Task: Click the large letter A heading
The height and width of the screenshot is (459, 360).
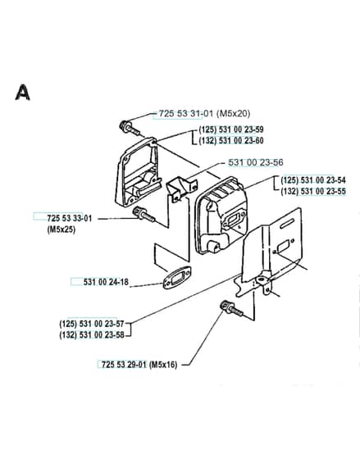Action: pyautogui.click(x=23, y=92)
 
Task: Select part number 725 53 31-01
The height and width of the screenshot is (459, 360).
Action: pyautogui.click(x=186, y=113)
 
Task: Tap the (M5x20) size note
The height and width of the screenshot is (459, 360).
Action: pyautogui.click(x=233, y=113)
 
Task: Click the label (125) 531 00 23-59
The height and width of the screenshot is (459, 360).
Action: pyautogui.click(x=231, y=130)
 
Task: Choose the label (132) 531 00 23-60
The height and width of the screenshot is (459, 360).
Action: pyautogui.click(x=231, y=140)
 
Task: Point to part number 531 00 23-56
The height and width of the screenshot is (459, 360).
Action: pyautogui.click(x=256, y=162)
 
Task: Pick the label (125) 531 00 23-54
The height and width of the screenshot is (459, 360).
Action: pyautogui.click(x=313, y=180)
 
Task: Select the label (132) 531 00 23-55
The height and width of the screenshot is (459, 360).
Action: pyautogui.click(x=313, y=191)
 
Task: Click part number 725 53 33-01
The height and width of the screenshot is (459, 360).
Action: pyautogui.click(x=70, y=218)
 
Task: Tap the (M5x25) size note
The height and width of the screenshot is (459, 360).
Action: pyautogui.click(x=62, y=229)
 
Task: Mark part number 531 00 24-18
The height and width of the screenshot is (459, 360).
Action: pyautogui.click(x=106, y=282)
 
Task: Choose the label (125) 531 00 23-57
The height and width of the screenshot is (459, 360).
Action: pyautogui.click(x=92, y=324)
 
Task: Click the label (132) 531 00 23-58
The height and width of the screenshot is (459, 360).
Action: pyautogui.click(x=92, y=335)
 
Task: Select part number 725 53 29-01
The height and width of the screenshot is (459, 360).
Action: pyautogui.click(x=124, y=365)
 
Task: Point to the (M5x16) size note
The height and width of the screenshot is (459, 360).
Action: pyautogui.click(x=163, y=365)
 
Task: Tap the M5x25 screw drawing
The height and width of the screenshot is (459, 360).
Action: pyautogui.click(x=144, y=214)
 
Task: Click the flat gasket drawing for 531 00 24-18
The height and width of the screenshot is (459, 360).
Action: pyautogui.click(x=177, y=277)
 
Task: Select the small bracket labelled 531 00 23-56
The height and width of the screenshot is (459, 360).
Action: pyautogui.click(x=181, y=189)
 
